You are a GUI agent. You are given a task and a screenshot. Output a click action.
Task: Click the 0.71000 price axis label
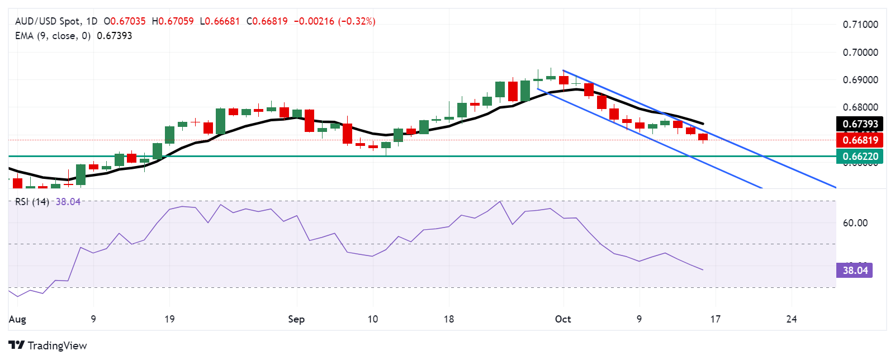pos(860,25)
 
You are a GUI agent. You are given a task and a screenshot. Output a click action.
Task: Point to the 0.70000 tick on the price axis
pos(860,53)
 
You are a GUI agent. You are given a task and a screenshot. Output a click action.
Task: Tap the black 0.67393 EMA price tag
pos(860,124)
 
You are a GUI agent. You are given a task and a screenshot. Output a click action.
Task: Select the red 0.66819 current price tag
pos(860,140)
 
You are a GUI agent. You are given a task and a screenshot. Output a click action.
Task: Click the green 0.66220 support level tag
pos(860,157)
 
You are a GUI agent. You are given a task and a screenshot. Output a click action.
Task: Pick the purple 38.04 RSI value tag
pos(855,271)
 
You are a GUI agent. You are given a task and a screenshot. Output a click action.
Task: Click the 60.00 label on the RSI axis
pos(855,223)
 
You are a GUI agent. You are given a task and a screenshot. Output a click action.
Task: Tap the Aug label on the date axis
pos(17,319)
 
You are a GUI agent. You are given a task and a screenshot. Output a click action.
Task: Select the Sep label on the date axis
pos(296,319)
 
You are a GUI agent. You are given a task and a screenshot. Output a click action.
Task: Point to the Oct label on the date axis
pos(563,319)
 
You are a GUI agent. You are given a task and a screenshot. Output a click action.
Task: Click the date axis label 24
pos(791,319)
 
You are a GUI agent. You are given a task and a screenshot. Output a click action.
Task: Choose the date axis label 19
pos(169,319)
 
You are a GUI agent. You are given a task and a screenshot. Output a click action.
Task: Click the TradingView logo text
pos(57,345)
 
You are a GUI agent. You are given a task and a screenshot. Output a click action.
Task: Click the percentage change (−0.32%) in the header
pos(357,21)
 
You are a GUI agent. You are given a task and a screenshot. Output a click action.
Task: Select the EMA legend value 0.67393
pos(115,36)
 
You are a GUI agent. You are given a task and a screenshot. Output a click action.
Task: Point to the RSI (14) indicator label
pos(32,202)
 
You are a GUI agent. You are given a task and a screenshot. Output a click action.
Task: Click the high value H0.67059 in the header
pos(173,21)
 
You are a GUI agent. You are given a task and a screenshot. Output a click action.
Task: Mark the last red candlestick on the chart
pos(703,137)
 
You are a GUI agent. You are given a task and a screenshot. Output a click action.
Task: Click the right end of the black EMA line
pos(703,124)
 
